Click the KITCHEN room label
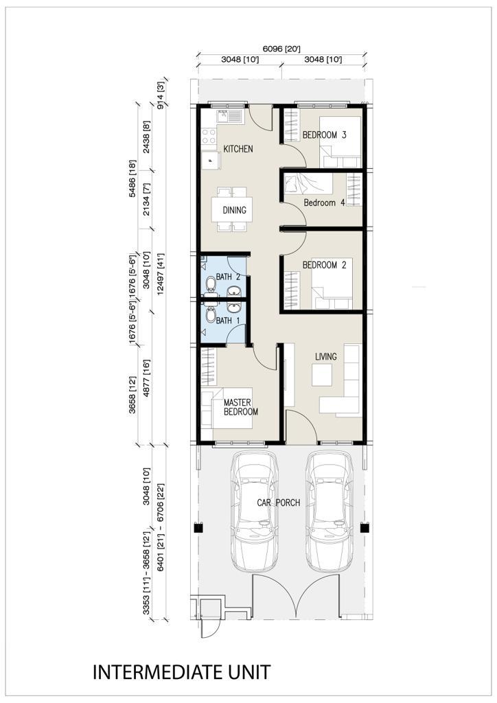tap(238, 149)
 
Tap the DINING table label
tap(234, 210)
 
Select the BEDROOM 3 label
tap(324, 135)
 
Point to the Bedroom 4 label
tap(324, 203)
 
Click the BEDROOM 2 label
tap(324, 265)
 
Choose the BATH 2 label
tap(228, 277)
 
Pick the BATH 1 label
tap(228, 321)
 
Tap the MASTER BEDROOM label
tap(241, 407)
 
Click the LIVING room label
tap(326, 356)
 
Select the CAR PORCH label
tap(278, 503)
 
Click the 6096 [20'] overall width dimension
tap(281, 49)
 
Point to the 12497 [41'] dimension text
tap(161, 274)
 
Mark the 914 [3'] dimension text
tap(161, 95)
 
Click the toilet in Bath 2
tap(210, 284)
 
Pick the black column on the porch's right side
tap(365, 528)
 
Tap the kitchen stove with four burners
tap(209, 136)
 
